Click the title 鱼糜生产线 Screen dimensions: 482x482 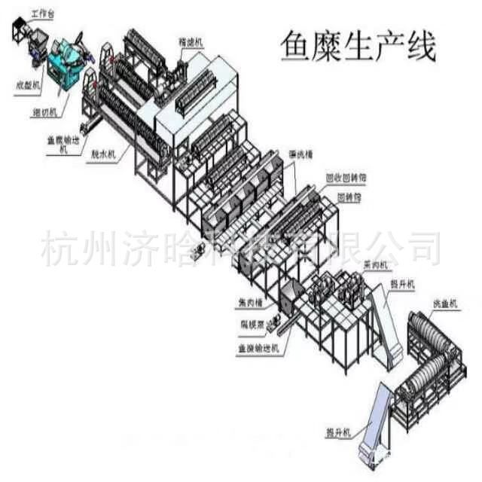tap(358, 47)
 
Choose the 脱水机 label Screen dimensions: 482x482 tap(102, 154)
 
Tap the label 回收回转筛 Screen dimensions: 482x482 tap(346, 179)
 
